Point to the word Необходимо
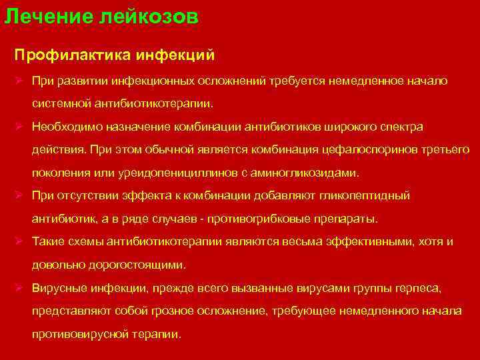tap(70, 126)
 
